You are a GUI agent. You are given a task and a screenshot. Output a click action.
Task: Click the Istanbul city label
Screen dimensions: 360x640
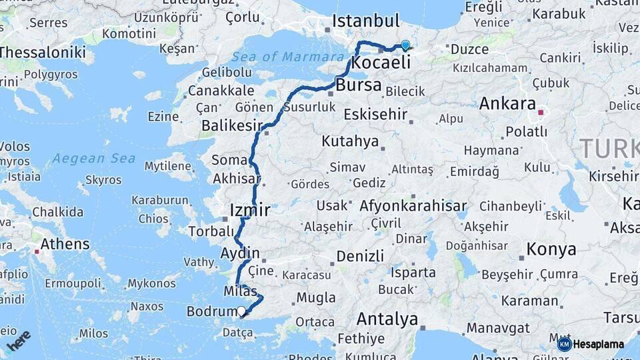[x=365, y=21]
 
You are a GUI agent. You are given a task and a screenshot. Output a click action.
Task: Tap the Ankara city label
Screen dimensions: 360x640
[x=507, y=103]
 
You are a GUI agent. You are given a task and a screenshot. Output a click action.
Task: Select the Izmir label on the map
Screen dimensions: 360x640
[x=249, y=211]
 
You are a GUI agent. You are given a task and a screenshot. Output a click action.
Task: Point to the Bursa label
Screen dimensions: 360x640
[x=359, y=85]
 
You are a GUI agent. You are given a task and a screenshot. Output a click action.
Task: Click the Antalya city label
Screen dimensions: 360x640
[x=387, y=319]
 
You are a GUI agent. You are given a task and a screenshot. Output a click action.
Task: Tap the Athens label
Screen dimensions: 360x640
[x=65, y=244]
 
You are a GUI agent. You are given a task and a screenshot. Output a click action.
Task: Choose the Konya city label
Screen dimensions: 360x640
[x=551, y=250]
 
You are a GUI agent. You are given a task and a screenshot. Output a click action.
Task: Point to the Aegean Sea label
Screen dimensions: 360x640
[x=94, y=159]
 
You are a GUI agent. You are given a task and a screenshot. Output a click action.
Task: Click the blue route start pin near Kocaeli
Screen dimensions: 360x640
[x=405, y=45]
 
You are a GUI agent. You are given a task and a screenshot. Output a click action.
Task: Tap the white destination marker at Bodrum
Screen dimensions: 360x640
[x=241, y=310]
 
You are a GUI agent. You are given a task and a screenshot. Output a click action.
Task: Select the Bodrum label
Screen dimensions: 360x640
[x=209, y=311]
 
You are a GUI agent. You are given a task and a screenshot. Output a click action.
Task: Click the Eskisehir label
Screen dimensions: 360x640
[x=375, y=115]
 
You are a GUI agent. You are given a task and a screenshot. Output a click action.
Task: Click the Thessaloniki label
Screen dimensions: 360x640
[x=42, y=52]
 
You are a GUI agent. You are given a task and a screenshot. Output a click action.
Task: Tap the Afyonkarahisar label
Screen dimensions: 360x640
[x=413, y=206]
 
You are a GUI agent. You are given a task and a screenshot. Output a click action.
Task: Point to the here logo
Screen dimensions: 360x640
[x=18, y=340]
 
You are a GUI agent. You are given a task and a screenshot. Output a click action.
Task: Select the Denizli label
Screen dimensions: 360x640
[x=360, y=256]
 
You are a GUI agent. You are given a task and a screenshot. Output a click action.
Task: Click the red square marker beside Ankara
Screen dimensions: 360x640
[x=541, y=113]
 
